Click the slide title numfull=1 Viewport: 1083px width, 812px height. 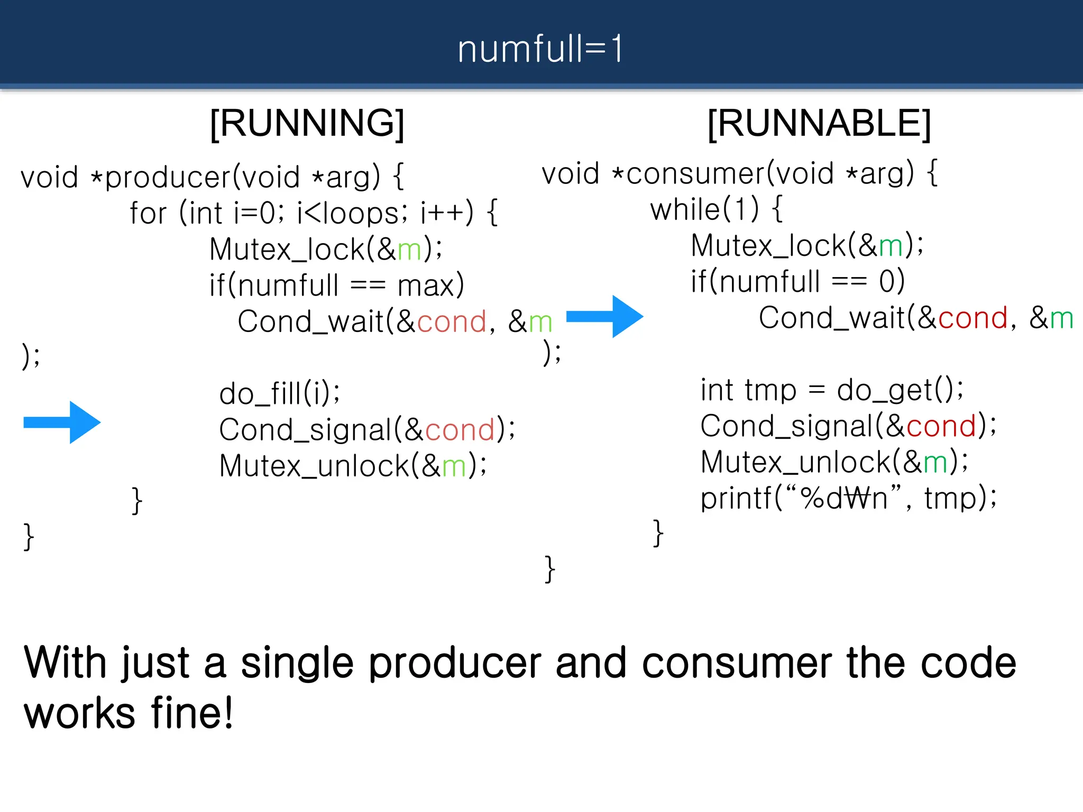(x=540, y=49)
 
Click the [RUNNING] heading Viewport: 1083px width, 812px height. (x=307, y=123)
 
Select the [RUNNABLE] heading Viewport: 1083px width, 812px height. (x=819, y=123)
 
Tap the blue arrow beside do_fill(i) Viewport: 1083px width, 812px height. (x=62, y=422)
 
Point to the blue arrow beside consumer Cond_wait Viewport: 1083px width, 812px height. (x=604, y=317)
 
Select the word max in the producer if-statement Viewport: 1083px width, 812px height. (x=426, y=286)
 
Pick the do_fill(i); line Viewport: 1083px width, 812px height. (x=280, y=394)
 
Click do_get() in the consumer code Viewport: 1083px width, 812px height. (x=899, y=391)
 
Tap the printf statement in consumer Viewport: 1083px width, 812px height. (x=848, y=498)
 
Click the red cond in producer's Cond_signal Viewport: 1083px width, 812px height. (x=460, y=430)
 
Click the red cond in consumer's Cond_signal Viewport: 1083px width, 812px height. (x=941, y=426)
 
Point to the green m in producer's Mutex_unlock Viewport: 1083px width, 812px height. (x=454, y=466)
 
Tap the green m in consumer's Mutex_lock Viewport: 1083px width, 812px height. (x=891, y=246)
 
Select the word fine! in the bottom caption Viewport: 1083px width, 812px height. (x=191, y=713)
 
